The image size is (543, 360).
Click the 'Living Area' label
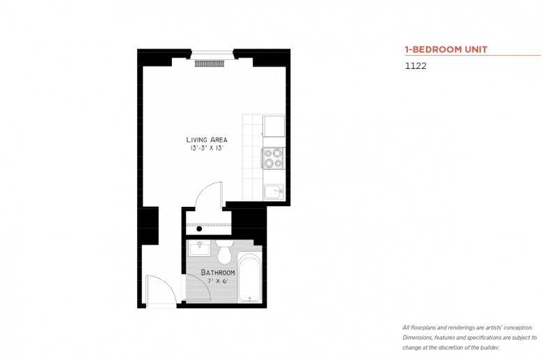point(206,139)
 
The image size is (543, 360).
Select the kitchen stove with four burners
point(273,159)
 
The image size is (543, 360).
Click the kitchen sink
point(274,190)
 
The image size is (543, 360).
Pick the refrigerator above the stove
point(273,126)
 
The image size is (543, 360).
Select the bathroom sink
point(200,247)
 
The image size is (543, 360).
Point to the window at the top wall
point(212,52)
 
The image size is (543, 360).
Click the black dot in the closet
point(199,228)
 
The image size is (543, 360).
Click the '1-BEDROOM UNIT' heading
point(446,49)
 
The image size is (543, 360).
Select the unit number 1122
point(415,67)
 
